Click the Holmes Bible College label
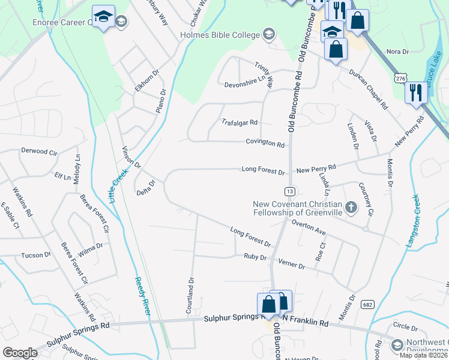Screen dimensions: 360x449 (220, 34)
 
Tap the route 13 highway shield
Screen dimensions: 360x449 (290, 191)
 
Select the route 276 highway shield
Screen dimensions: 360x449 (400, 78)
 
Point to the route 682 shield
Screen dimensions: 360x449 (368, 304)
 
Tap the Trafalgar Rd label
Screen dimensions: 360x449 (240, 122)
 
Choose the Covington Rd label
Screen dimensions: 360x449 (265, 144)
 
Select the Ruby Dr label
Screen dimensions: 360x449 (255, 257)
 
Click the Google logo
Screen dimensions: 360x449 (20, 353)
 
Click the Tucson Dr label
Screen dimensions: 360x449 (36, 255)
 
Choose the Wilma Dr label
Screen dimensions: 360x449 (91, 249)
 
